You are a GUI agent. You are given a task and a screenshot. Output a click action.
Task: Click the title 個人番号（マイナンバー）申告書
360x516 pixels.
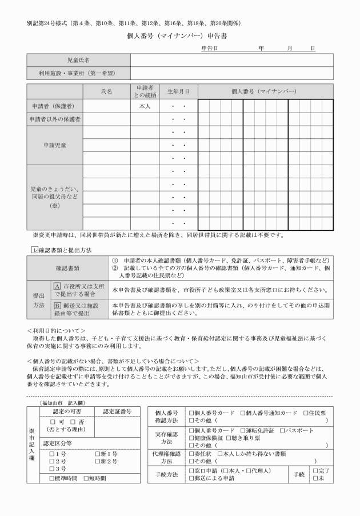[180, 35]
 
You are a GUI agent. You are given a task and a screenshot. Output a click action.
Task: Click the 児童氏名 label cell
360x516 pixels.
[78, 59]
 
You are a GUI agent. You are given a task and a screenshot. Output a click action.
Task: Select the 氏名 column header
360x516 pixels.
[106, 91]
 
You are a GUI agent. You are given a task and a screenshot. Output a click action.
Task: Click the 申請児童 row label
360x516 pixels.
[55, 145]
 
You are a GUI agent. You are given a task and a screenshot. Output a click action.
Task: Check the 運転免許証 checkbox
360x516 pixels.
[243, 430]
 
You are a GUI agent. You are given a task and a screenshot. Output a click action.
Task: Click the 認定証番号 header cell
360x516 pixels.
[117, 411]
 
